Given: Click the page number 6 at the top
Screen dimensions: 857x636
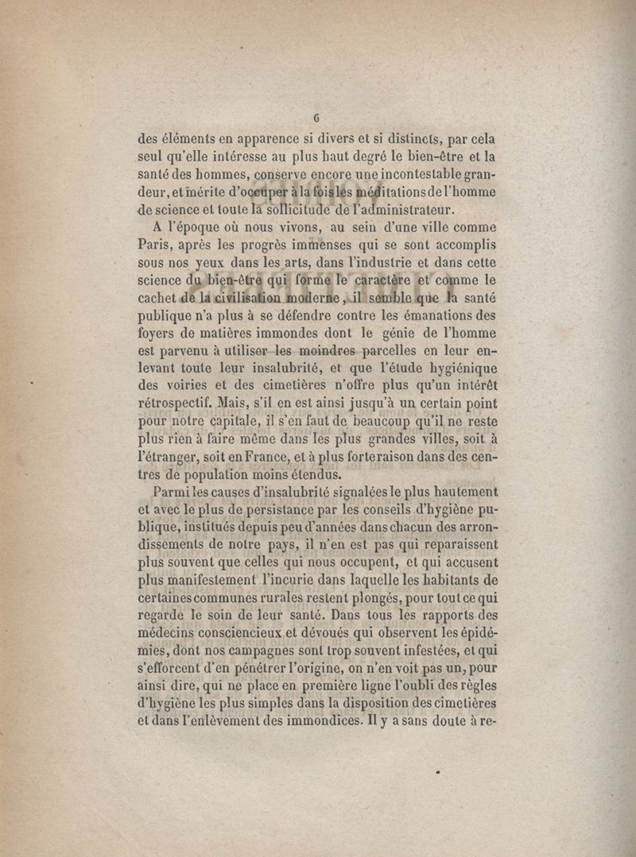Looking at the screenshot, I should [x=316, y=120].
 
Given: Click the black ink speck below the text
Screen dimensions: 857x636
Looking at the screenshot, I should [x=438, y=770].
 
